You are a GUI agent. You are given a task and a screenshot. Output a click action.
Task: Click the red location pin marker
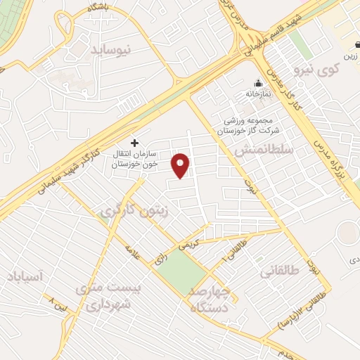[181, 165]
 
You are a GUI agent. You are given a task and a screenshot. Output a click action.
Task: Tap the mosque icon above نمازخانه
[258, 82]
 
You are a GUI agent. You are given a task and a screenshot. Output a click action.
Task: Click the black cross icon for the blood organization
[135, 142]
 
